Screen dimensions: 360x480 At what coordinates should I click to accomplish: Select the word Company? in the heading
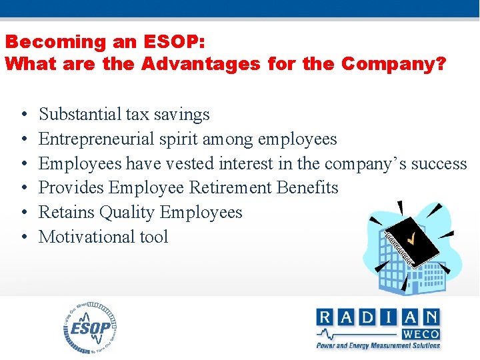tap(393, 64)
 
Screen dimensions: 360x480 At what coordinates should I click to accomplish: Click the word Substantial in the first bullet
tap(81, 115)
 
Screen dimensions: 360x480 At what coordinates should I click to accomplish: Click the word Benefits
tap(308, 188)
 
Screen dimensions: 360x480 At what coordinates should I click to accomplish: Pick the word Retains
tap(67, 212)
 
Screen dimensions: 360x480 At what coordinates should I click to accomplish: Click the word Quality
tap(127, 213)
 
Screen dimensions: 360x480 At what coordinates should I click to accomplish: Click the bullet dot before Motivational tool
tap(23, 237)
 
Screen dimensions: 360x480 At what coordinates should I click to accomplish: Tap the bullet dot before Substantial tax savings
tap(23, 115)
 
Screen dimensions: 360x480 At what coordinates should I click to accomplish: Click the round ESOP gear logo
tap(91, 327)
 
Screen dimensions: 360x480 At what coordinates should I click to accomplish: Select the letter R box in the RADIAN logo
tap(325, 317)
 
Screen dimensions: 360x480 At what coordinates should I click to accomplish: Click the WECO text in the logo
tap(420, 333)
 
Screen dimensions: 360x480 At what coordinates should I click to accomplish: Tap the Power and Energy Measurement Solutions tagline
tap(378, 345)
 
